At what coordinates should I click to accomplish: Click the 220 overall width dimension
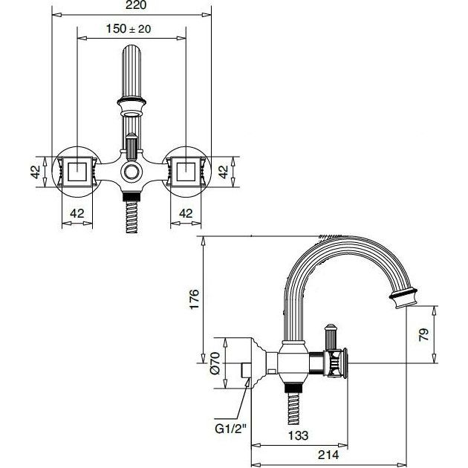pos(136,5)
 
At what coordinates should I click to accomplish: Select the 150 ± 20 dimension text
pos(129,29)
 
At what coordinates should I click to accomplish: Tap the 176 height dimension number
pos(195,299)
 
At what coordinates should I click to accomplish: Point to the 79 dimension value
pos(424,334)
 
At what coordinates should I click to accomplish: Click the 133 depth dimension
pos(298,435)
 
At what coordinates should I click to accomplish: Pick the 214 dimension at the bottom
pos(328,455)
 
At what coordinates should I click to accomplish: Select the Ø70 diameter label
pos(215,363)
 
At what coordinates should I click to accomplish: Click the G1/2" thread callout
pos(231,429)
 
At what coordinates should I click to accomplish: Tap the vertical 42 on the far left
pos(36,172)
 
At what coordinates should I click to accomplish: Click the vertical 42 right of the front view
pos(223,172)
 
